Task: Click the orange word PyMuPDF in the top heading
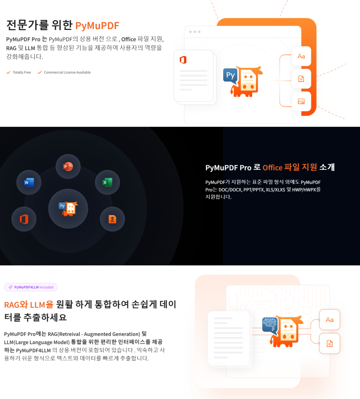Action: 97,26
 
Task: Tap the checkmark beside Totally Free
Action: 8,72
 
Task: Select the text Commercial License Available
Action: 67,72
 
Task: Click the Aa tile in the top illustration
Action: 301,56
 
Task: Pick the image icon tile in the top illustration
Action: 301,102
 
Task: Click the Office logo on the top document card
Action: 183,60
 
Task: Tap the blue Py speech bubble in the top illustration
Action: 230,76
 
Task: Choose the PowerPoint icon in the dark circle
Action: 68,166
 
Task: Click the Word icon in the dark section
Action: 29,183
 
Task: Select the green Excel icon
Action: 107,183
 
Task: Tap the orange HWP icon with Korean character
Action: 112,219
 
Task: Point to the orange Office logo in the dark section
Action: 24,219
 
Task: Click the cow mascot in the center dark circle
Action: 68,209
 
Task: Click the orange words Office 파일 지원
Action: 290,167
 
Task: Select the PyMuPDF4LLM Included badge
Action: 31,287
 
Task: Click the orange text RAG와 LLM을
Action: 29,304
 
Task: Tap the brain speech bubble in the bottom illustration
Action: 270,325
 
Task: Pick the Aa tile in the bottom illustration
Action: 329,320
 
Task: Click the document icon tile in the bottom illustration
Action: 329,344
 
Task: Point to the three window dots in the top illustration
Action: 195,32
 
